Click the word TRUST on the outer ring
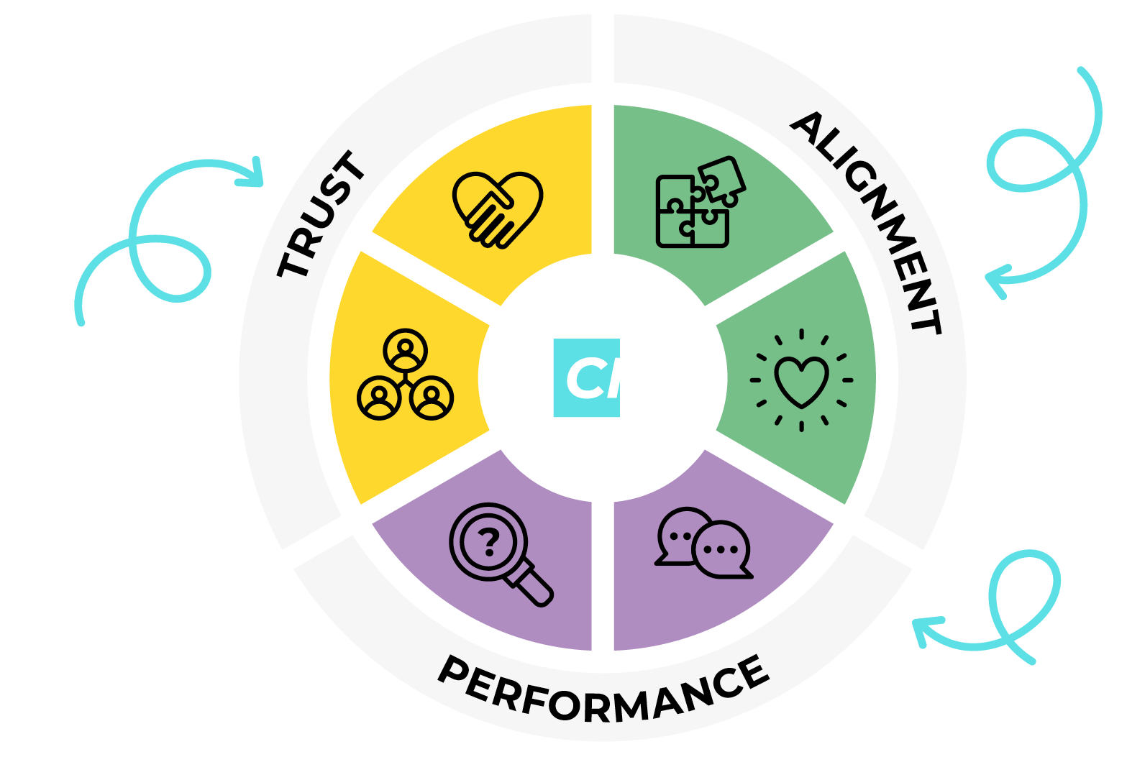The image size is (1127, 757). click(x=321, y=214)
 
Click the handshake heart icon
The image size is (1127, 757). click(x=498, y=210)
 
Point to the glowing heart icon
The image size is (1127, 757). click(x=801, y=380)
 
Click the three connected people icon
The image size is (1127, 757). click(x=405, y=375)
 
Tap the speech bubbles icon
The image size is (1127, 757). click(x=703, y=543)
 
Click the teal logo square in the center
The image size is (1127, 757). click(x=587, y=377)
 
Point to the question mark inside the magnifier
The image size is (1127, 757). click(x=489, y=543)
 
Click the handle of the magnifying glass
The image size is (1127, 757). click(x=531, y=584)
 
